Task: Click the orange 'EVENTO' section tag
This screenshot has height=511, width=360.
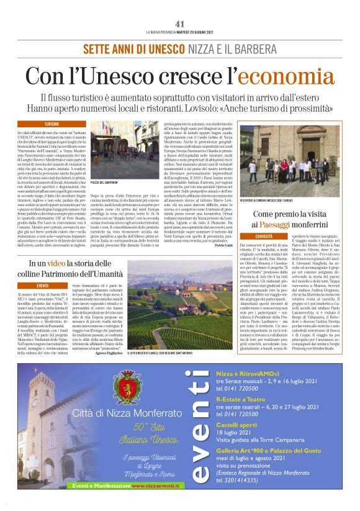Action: [43, 286]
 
